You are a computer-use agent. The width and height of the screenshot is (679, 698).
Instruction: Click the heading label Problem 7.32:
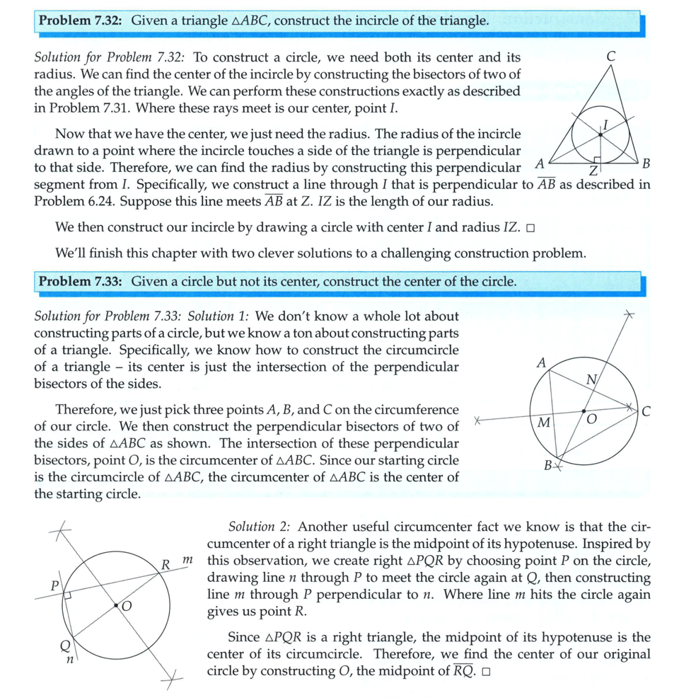[80, 21]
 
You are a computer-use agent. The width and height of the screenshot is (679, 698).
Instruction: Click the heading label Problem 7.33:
[80, 282]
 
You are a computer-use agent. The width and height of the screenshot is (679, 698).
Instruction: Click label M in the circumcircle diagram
[543, 423]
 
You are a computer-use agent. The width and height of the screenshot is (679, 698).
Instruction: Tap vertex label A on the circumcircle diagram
[541, 362]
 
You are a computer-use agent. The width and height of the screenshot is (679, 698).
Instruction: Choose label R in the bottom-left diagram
[166, 565]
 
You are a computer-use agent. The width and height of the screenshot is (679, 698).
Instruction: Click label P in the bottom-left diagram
[52, 586]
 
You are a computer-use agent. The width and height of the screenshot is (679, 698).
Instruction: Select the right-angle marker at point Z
[598, 161]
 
